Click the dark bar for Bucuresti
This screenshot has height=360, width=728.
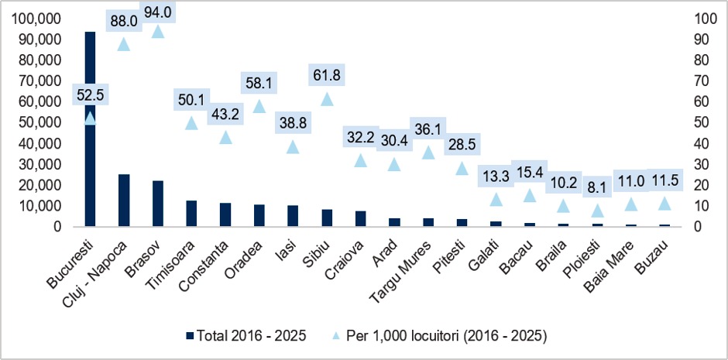90,129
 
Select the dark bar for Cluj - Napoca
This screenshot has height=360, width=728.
124,201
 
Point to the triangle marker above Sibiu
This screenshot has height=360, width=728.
328,99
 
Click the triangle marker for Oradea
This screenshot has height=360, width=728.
259,106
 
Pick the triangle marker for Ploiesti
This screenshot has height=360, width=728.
597,211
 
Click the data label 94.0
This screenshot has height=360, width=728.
158,13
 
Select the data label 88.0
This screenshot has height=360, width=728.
125,22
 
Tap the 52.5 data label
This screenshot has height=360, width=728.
91,95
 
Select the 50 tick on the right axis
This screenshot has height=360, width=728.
700,123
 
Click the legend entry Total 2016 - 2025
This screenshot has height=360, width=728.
246,335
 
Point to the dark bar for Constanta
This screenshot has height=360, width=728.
225,214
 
